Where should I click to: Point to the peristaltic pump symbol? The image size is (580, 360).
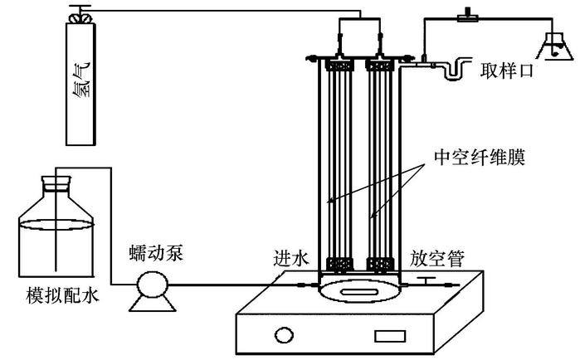point(150,289)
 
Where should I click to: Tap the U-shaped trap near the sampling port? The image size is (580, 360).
point(455,71)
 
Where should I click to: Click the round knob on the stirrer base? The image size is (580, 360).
point(285,336)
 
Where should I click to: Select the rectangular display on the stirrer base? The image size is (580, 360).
point(387,337)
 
